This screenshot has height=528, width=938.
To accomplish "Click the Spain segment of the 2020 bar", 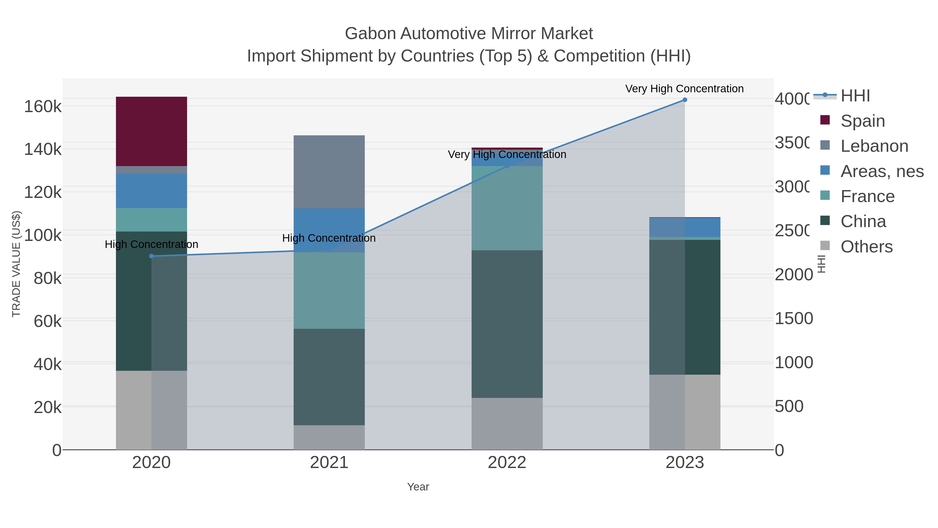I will tap(151, 131).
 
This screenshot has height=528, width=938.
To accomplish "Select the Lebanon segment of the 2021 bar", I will tap(329, 172).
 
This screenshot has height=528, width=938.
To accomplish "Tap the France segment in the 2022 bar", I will tap(507, 208).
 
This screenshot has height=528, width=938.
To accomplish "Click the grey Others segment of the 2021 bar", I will tap(329, 437).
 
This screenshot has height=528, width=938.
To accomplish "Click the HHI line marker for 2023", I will tap(684, 100).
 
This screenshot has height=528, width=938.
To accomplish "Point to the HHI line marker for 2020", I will tap(151, 256).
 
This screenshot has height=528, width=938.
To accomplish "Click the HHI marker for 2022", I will tap(507, 166).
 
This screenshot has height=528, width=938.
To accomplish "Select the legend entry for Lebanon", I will tap(874, 146).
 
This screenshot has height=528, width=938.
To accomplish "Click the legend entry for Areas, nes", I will tap(881, 171).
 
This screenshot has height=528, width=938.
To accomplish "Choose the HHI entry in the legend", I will tap(855, 96).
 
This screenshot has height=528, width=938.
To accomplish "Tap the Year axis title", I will tap(418, 487).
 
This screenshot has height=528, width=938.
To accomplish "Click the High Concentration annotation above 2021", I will tap(329, 238).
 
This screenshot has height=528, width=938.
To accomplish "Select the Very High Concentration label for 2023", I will tap(684, 89).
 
